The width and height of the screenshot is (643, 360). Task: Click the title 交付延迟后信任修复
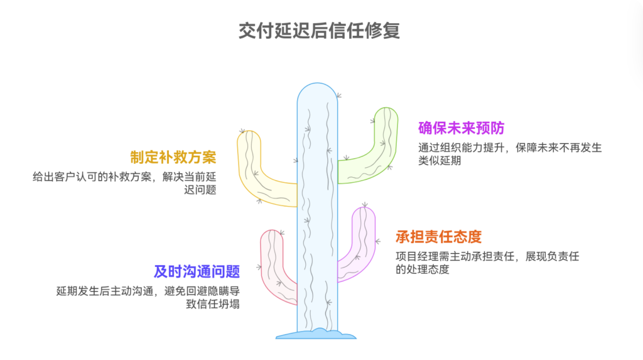coord(320,31)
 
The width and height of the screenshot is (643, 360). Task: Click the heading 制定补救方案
coord(173,156)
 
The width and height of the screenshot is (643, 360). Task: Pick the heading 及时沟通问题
coord(197,271)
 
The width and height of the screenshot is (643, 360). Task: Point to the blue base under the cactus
coord(316,334)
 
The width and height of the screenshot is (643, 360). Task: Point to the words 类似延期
coord(440,161)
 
